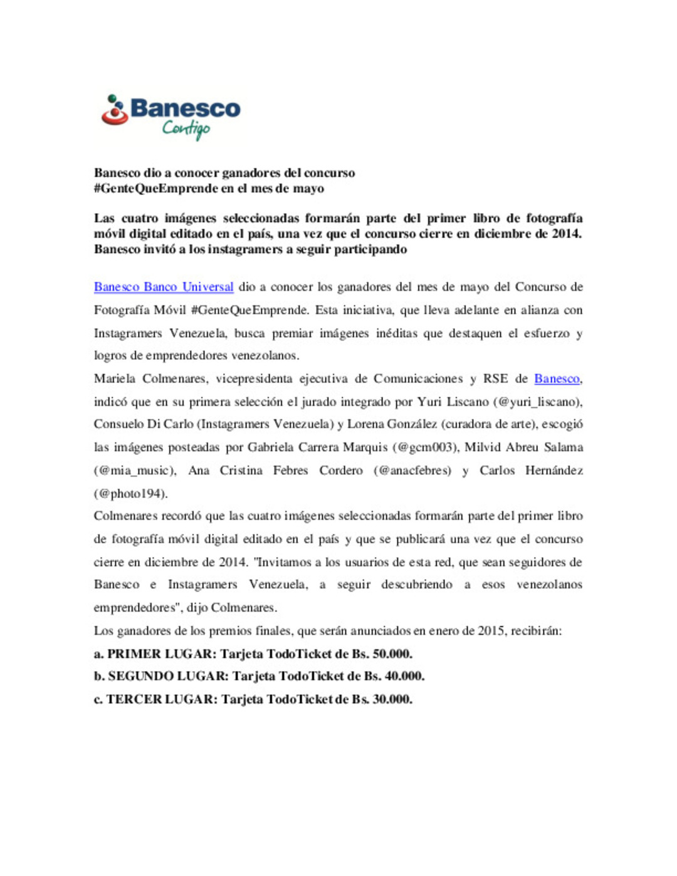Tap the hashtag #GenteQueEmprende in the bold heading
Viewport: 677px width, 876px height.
(x=156, y=189)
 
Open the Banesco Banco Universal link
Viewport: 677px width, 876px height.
(x=164, y=287)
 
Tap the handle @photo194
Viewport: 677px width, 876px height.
(x=130, y=494)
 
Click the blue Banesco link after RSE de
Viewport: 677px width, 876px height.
(x=557, y=378)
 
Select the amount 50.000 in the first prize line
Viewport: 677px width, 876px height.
(x=392, y=654)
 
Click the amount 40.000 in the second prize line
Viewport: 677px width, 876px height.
(x=404, y=677)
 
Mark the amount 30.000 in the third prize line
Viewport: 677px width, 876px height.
(x=392, y=699)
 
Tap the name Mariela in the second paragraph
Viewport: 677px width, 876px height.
(x=114, y=378)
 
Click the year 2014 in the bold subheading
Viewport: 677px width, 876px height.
(x=565, y=234)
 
